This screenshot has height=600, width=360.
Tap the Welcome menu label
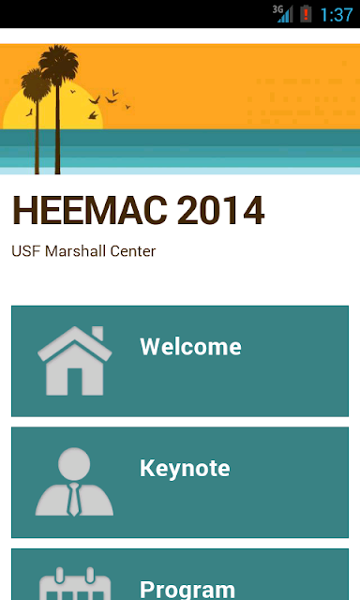190,347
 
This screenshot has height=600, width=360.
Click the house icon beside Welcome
75,361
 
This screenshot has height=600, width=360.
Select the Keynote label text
185,469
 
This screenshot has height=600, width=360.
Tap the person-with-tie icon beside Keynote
74,482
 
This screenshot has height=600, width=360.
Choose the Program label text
187,590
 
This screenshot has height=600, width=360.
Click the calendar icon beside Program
75,584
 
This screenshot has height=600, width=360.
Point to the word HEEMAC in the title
90,210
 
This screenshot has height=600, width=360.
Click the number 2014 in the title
220,210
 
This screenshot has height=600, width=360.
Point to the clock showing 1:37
337,15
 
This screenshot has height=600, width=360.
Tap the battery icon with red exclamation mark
306,14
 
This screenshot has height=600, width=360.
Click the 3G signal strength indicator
283,14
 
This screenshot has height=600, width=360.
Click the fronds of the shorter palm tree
36,84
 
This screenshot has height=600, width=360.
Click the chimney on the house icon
97,334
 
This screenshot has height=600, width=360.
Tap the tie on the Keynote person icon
74,499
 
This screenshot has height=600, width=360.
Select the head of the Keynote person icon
74,463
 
